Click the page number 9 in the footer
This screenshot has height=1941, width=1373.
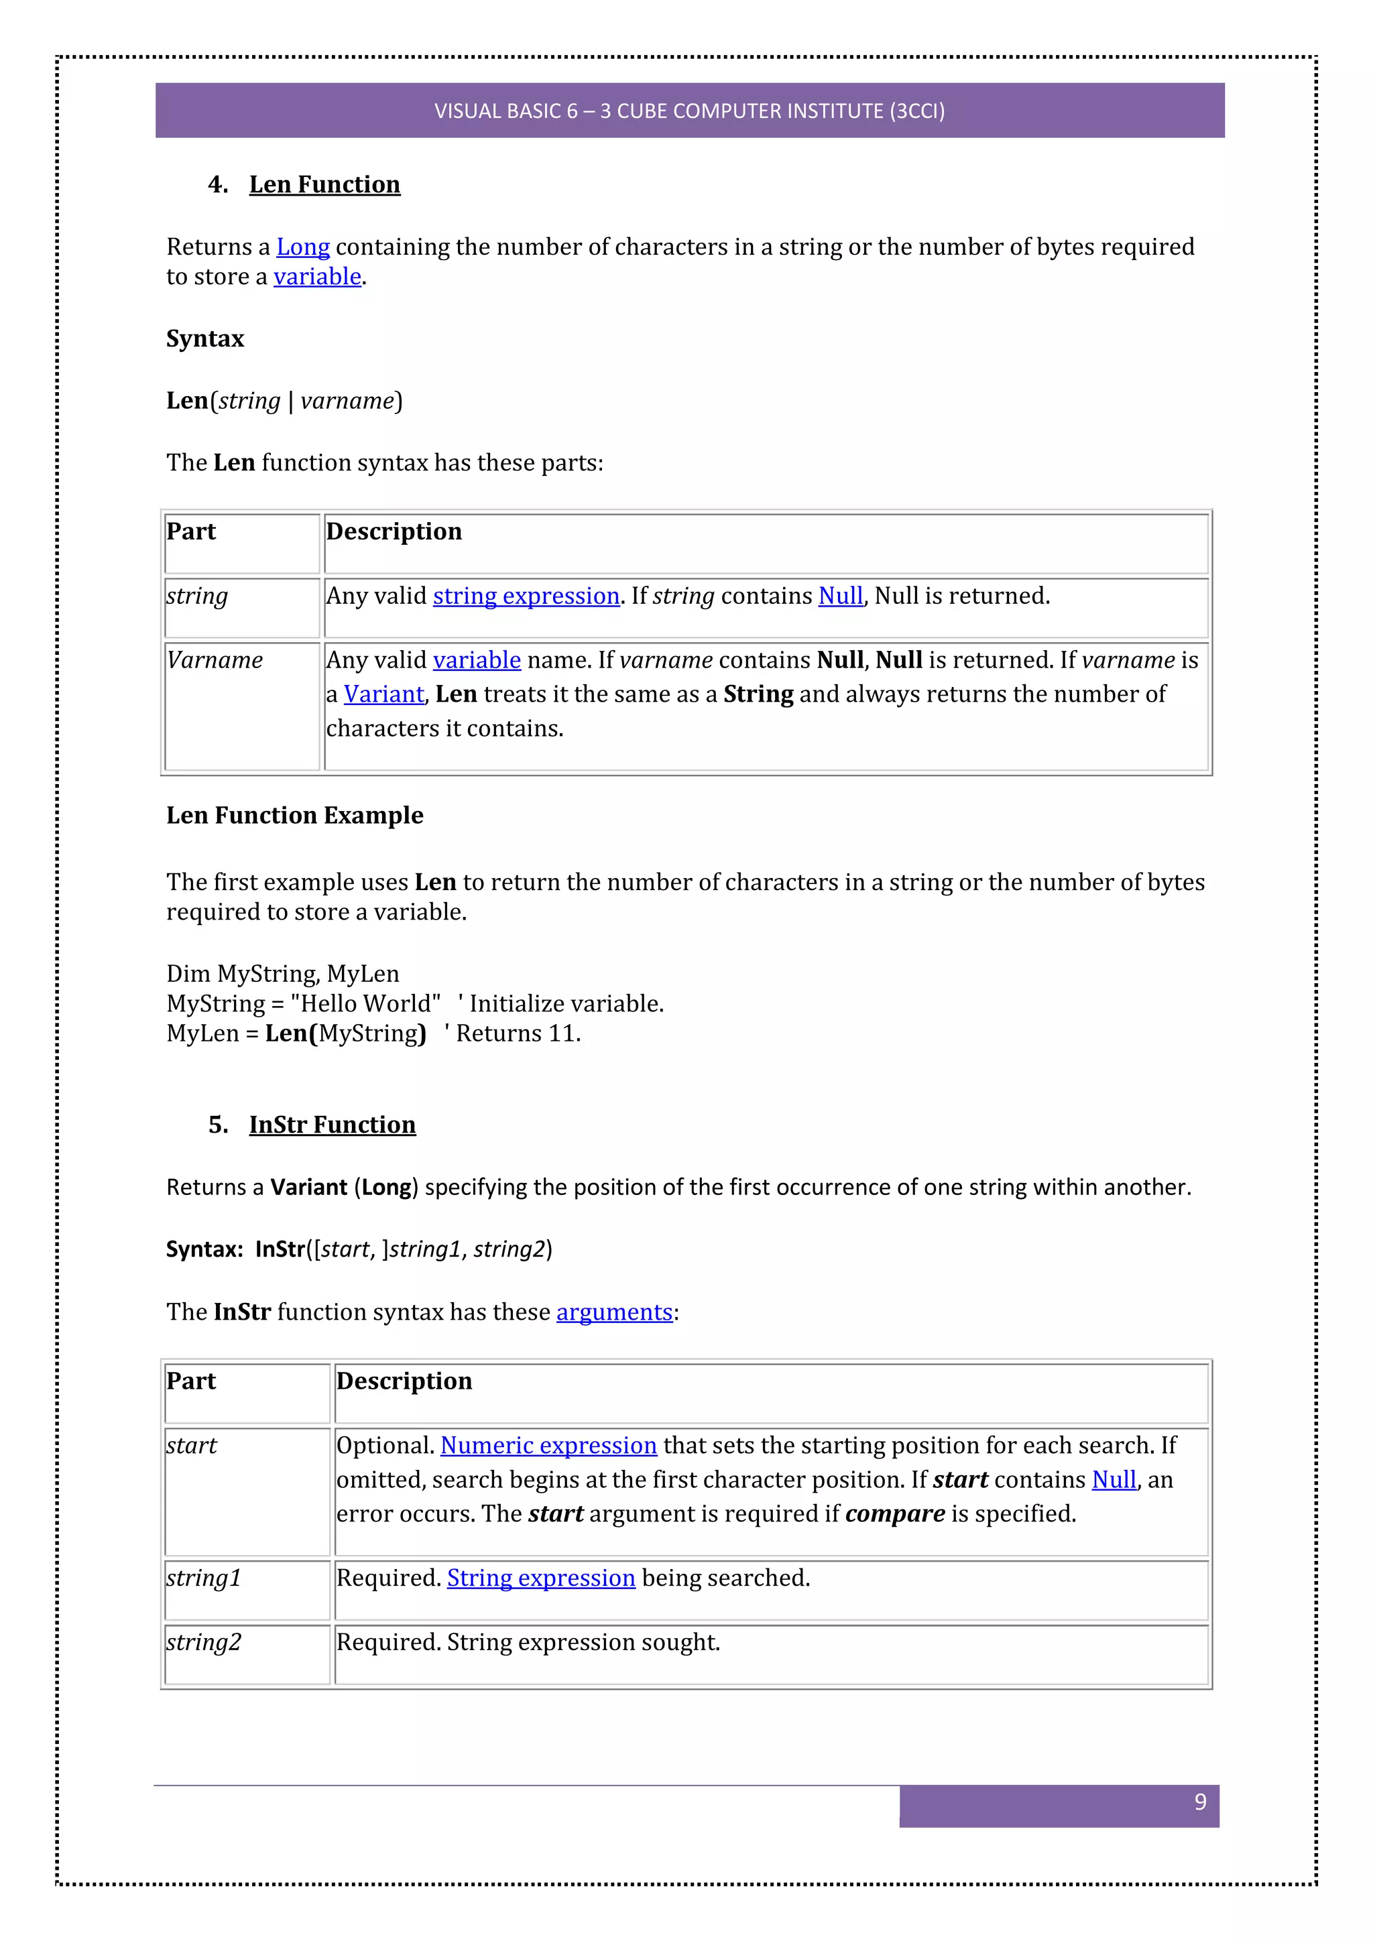tap(1199, 1802)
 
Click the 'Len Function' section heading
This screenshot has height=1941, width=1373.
tap(324, 184)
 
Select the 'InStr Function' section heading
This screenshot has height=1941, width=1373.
tap(333, 1125)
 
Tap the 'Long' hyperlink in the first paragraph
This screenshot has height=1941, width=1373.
tap(302, 247)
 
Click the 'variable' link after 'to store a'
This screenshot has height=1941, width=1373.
tap(317, 276)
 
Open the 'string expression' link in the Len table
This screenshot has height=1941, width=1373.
tap(526, 596)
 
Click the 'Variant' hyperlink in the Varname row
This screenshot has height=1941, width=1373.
tap(384, 694)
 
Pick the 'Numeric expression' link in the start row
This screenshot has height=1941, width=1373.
tap(548, 1446)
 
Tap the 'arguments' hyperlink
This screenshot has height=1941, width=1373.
tap(614, 1312)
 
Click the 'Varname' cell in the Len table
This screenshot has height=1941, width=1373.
tap(215, 660)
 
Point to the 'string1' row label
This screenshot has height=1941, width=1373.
tap(204, 1578)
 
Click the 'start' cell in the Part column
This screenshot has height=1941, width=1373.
tap(192, 1446)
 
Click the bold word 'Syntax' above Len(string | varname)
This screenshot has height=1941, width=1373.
tap(204, 338)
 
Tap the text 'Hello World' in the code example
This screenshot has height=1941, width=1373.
tap(365, 1003)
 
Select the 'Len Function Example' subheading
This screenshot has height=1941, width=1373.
tap(294, 815)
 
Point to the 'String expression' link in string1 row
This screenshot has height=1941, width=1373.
tap(540, 1578)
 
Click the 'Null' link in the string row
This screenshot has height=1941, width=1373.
tap(841, 596)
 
